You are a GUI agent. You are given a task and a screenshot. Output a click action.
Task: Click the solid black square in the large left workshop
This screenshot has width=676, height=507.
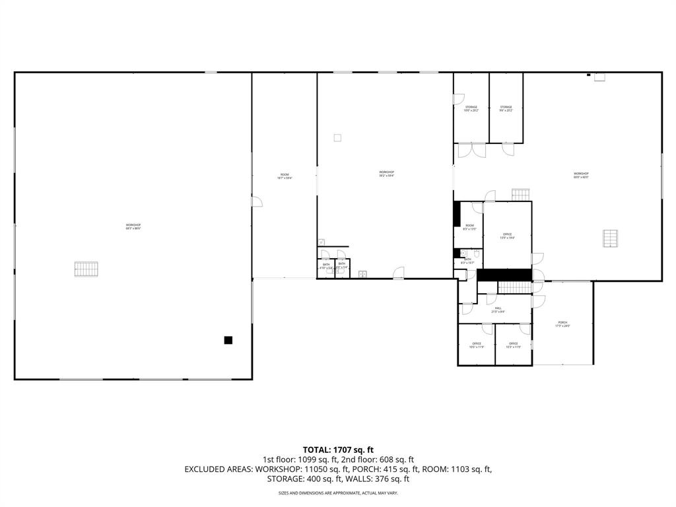(228, 340)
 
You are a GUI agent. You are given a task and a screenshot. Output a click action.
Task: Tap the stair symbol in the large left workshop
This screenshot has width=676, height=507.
(86, 269)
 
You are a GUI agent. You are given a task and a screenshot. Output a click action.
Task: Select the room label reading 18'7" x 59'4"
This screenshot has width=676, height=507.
(285, 176)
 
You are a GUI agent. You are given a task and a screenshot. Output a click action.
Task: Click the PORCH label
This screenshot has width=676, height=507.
(562, 323)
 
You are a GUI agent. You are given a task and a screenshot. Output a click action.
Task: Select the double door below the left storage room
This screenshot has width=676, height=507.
(472, 151)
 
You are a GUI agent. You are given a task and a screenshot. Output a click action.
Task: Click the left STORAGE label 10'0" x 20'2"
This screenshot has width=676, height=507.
(471, 108)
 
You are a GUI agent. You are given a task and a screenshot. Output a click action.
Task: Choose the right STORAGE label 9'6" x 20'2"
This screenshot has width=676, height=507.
(506, 108)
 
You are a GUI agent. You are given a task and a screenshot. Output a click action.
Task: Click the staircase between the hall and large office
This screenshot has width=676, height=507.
(514, 287)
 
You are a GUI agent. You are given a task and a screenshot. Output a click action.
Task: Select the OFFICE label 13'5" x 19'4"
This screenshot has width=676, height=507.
(507, 236)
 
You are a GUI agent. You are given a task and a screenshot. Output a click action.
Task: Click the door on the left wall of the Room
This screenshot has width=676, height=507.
(256, 201)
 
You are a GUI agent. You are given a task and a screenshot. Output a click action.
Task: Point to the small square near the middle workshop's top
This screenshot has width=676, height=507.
(337, 138)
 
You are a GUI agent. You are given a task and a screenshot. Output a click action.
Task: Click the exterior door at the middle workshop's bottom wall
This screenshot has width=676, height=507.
(398, 273)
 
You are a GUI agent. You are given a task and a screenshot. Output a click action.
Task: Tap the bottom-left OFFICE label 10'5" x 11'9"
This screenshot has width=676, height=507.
(477, 345)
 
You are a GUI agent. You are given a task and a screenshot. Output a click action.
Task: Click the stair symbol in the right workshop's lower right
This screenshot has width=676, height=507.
(612, 238)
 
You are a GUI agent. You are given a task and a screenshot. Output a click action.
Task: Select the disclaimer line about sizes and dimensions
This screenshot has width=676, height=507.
(338, 493)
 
